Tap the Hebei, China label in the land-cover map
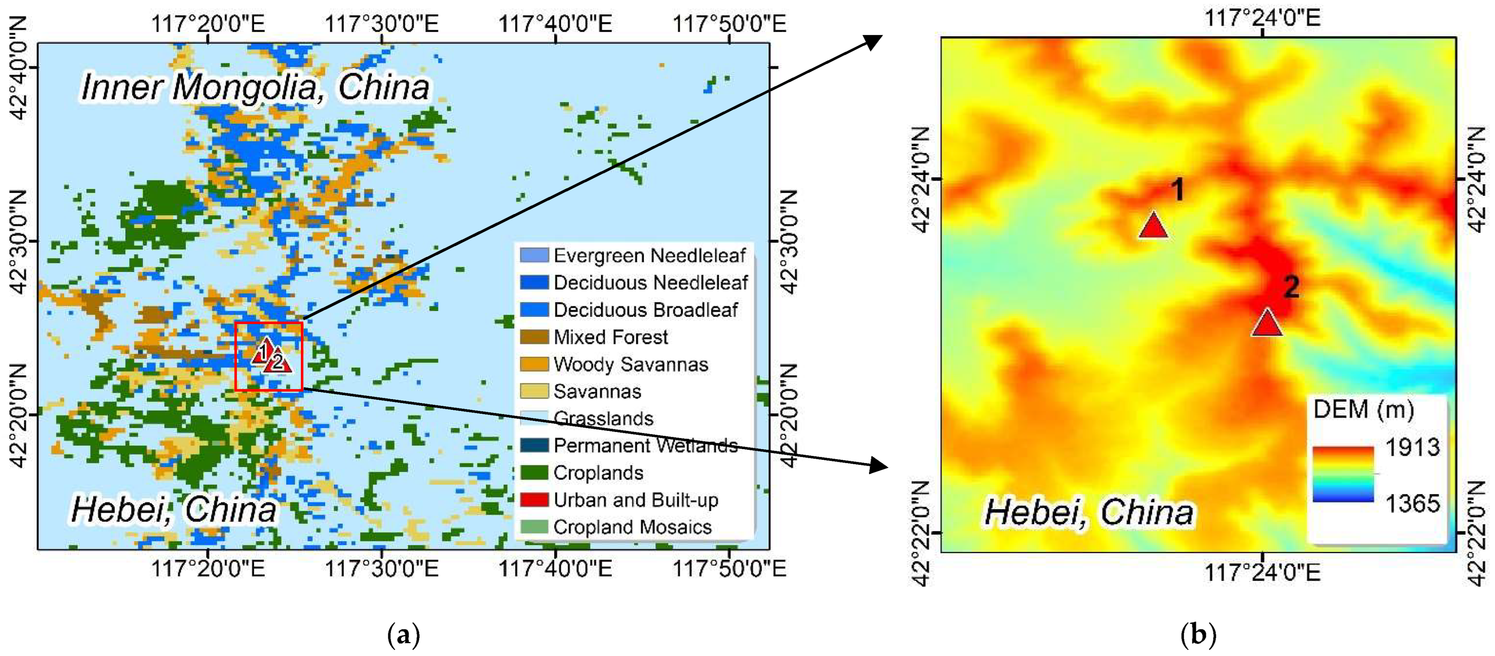click(173, 510)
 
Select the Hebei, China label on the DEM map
click(1089, 512)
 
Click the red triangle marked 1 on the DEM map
click(1153, 226)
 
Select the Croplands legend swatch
click(534, 473)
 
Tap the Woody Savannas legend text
click(631, 364)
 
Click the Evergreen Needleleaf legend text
click(649, 255)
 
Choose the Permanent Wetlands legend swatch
click(534, 445)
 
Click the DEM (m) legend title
click(1363, 409)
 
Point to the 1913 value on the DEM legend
click(1412, 447)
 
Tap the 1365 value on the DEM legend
click(1412, 503)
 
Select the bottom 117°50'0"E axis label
click(729, 568)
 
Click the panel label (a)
click(403, 635)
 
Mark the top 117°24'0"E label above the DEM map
click(1263, 17)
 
